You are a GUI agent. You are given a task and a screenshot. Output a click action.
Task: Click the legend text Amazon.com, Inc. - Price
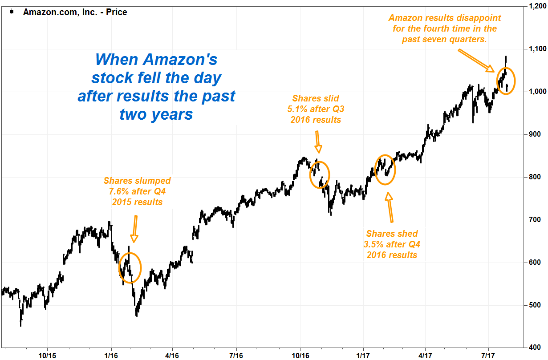point(75,12)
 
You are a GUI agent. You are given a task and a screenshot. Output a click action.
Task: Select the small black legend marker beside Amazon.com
point(11,12)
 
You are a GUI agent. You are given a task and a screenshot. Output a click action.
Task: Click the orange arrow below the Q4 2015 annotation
point(134,229)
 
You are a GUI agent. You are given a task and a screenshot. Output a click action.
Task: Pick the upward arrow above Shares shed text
point(390,207)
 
